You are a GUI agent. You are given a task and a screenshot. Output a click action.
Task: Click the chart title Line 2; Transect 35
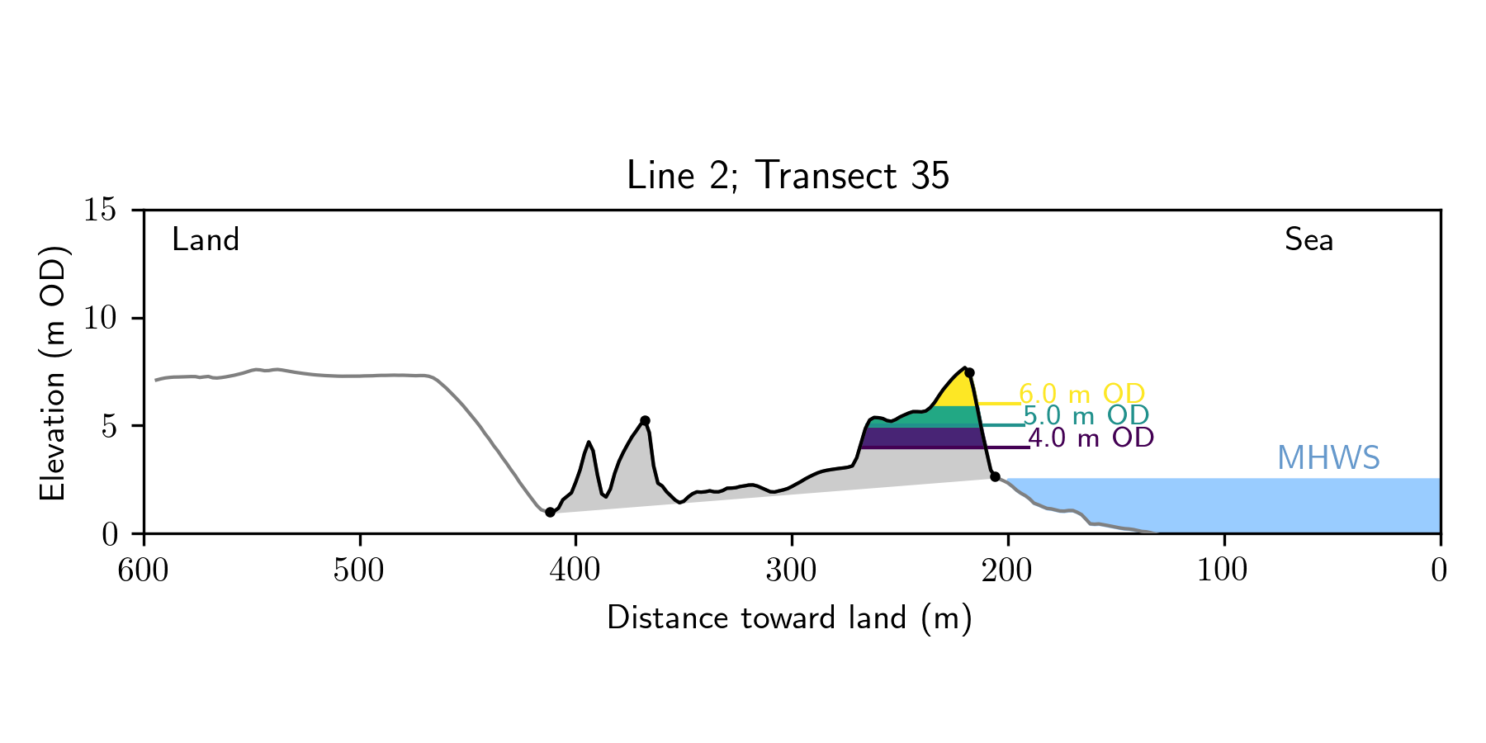(788, 176)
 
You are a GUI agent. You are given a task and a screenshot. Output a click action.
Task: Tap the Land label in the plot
(206, 240)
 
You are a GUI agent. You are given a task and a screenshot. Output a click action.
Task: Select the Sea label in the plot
(1309, 240)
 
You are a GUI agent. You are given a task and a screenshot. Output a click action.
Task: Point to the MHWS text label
(1328, 458)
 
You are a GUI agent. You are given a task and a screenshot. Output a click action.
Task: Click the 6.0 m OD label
(1081, 394)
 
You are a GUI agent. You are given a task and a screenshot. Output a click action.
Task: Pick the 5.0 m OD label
(1086, 415)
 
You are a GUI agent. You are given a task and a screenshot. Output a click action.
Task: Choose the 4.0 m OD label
(1091, 438)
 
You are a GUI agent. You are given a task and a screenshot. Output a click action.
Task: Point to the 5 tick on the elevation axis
(108, 426)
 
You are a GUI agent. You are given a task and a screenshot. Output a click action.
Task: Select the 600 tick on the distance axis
(144, 570)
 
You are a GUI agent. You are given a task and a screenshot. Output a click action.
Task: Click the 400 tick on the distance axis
(575, 570)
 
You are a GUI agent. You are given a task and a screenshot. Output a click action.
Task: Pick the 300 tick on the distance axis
(792, 570)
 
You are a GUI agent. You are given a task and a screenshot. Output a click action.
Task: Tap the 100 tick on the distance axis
(1223, 570)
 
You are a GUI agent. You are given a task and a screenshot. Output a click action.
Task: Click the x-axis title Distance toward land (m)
(789, 618)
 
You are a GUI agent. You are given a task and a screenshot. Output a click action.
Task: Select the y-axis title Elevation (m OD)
(53, 372)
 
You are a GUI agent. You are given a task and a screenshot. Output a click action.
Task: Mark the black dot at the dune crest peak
(969, 372)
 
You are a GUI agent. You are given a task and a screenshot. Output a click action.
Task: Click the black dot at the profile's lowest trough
(550, 513)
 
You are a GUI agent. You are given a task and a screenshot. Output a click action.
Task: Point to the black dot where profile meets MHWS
(995, 477)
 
